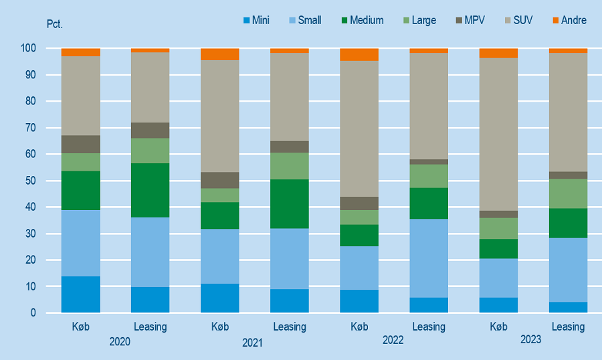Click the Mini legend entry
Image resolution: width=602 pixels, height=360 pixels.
(x=256, y=20)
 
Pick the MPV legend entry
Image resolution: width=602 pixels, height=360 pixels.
(x=468, y=20)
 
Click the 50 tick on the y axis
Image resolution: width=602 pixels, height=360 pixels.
(x=30, y=181)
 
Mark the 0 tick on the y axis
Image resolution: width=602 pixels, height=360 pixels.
(x=32, y=313)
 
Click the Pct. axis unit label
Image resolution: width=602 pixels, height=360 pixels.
(x=54, y=24)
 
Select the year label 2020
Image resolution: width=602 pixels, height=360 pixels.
(x=120, y=341)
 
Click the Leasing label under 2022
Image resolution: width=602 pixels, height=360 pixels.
(x=429, y=327)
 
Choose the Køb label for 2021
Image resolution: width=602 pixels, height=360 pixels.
(x=219, y=327)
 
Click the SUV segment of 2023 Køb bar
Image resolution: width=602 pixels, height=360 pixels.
(x=498, y=134)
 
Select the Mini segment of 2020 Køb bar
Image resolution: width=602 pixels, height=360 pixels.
(x=81, y=294)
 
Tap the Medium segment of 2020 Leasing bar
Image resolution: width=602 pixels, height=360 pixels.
(x=150, y=190)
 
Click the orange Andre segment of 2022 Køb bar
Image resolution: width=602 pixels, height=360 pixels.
(x=359, y=55)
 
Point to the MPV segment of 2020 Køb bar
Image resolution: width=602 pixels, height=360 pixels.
(x=81, y=145)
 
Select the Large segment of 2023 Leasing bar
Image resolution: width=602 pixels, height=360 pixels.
(x=568, y=193)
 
